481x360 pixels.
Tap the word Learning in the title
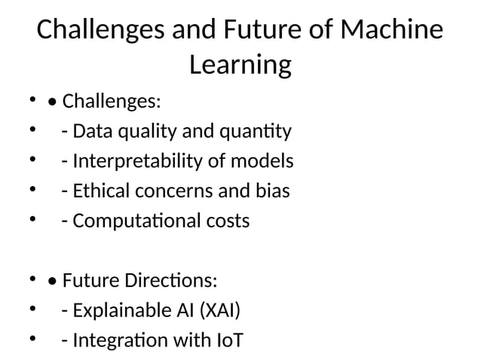[240, 66]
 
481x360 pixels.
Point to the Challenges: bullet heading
[110, 101]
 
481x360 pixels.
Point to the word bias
[271, 191]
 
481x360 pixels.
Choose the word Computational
[139, 221]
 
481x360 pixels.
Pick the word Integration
[116, 341]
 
